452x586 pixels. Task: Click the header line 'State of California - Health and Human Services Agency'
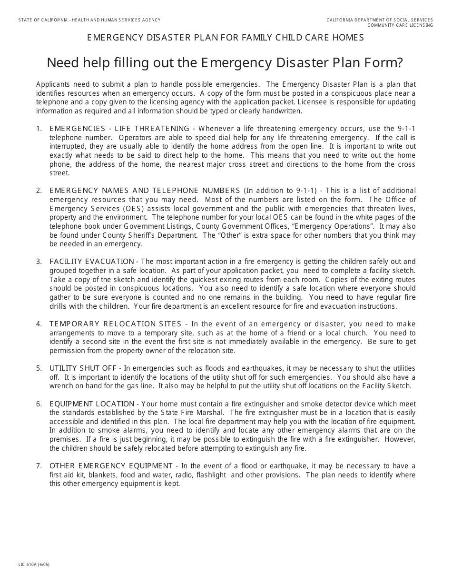(x=89, y=20)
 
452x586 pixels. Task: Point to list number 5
(x=39, y=368)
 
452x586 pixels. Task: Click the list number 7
(x=39, y=466)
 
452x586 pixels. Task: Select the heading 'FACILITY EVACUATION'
(x=92, y=262)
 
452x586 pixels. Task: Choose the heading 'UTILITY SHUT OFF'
(x=83, y=368)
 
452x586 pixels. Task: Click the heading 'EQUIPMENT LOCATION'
(x=92, y=404)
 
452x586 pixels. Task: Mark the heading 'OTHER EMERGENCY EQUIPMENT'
(x=111, y=466)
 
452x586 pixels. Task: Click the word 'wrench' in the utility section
(x=61, y=386)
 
